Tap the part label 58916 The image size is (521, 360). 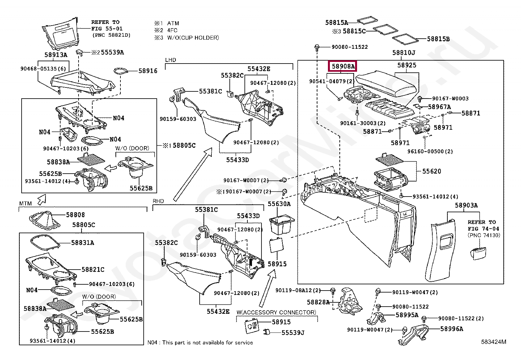(148, 71)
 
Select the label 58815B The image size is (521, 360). (438, 39)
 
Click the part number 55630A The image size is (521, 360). (279, 204)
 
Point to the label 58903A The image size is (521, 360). (466, 205)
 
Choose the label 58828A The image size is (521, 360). (318, 302)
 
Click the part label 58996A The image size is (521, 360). (451, 329)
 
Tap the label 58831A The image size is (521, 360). (82, 243)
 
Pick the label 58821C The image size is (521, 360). (93, 269)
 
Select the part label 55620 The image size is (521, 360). (431, 171)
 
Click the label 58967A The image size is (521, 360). (440, 107)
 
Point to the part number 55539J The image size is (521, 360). (293, 333)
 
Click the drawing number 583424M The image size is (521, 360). (494, 342)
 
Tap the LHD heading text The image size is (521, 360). (171, 60)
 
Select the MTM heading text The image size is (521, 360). (25, 203)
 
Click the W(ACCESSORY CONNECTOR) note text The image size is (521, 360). (276, 312)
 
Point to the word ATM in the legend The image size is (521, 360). (173, 23)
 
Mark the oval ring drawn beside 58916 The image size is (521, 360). (121, 71)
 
